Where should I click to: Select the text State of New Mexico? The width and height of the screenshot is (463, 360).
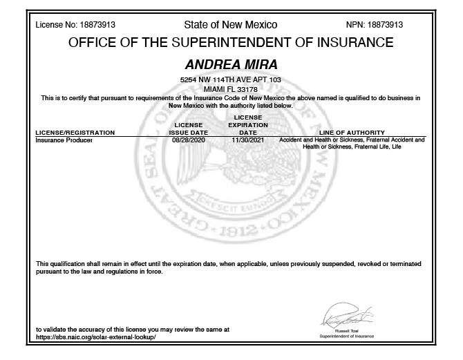click(231, 25)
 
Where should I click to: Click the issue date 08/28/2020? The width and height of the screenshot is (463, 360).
click(188, 140)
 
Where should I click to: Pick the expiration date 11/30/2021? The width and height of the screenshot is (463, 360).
click(247, 140)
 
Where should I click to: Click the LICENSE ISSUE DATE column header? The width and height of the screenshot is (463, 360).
click(188, 128)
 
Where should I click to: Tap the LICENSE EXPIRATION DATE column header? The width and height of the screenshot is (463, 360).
click(247, 124)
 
